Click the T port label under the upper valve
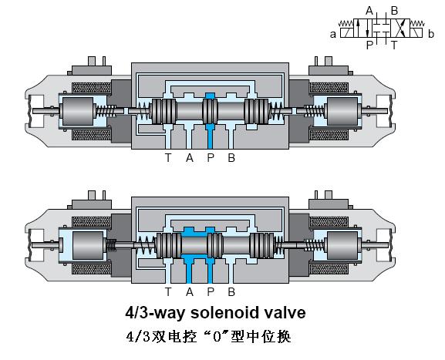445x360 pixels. tap(168, 157)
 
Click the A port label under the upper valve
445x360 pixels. tap(190, 157)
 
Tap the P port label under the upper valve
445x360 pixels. tap(211, 157)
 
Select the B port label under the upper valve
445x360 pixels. tap(231, 157)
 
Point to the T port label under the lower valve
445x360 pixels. tap(168, 291)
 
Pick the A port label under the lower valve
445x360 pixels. tap(190, 291)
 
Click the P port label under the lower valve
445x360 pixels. tap(211, 291)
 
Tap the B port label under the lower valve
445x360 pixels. tap(231, 291)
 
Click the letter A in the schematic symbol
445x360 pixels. tap(369, 11)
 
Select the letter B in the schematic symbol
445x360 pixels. tap(394, 11)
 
